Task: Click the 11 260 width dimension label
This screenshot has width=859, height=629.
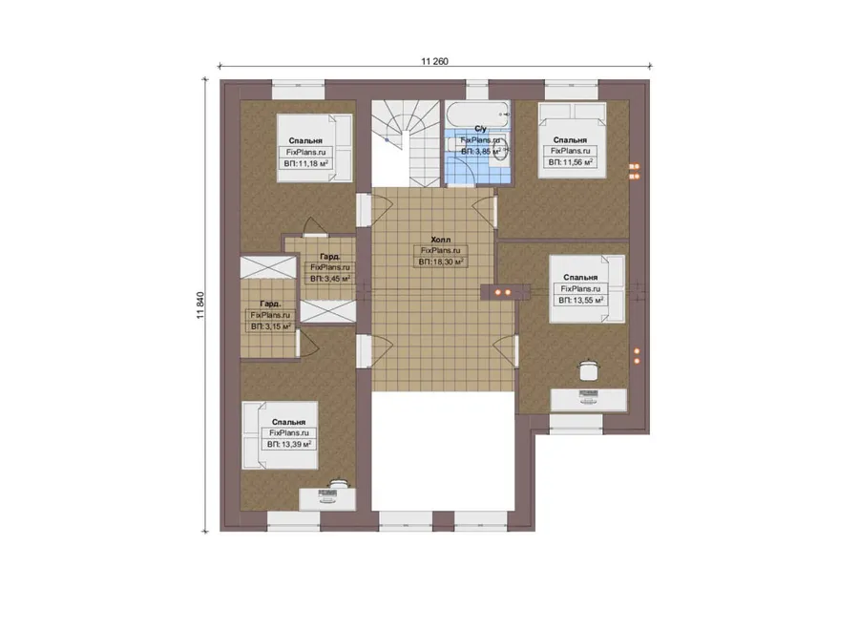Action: [434, 61]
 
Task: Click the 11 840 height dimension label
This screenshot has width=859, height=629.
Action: [200, 305]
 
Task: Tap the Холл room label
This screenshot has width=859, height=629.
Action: [440, 240]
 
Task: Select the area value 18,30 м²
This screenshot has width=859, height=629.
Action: [441, 262]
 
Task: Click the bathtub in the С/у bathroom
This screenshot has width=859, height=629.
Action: [478, 115]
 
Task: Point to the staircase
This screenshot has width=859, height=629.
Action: [406, 143]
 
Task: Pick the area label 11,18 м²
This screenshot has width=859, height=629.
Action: [306, 163]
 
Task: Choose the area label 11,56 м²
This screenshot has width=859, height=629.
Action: [571, 162]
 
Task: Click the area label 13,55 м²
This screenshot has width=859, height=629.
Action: [580, 301]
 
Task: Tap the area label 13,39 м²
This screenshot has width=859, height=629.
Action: [289, 445]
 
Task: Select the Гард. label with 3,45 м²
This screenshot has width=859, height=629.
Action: [330, 257]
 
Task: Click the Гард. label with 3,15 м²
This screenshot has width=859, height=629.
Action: [270, 304]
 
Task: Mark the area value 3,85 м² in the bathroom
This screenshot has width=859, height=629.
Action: [480, 151]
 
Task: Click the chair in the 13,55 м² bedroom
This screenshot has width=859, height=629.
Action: [588, 369]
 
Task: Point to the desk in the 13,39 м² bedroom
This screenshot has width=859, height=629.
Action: [327, 499]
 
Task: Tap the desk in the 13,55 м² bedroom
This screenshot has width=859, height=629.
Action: [588, 399]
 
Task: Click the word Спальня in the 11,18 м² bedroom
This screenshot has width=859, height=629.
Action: [305, 141]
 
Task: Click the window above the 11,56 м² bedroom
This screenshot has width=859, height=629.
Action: [572, 90]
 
